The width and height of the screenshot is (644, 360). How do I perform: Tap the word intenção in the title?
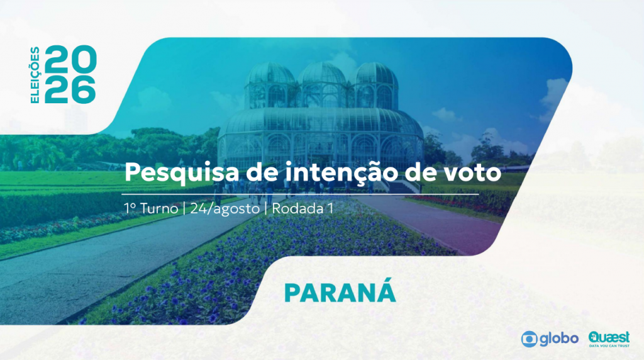click(x=341, y=172)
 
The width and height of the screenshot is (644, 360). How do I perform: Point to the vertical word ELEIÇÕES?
click(x=35, y=75)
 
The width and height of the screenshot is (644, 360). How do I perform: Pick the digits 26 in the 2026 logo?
click(x=70, y=89)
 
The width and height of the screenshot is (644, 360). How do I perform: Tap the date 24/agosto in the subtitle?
click(x=225, y=209)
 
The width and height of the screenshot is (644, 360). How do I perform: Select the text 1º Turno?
click(x=151, y=208)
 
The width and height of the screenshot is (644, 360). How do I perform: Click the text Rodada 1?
click(x=303, y=208)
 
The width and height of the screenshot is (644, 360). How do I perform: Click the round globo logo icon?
click(x=530, y=339)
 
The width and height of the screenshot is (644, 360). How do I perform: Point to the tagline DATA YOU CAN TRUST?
click(x=609, y=346)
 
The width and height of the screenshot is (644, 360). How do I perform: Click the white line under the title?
click(x=300, y=194)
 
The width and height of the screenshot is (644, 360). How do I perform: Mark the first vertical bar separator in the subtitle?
click(x=184, y=209)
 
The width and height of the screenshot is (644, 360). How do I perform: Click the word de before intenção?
click(x=262, y=172)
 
